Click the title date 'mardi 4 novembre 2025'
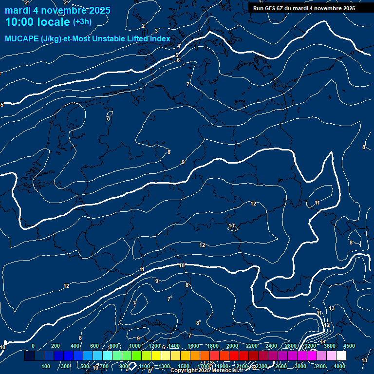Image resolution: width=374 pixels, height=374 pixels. pyautogui.click(x=57, y=10)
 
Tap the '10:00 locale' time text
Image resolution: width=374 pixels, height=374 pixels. pyautogui.click(x=37, y=22)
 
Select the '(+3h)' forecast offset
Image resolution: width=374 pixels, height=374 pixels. pyautogui.click(x=82, y=22)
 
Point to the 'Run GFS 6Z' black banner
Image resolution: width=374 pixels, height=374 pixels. pyautogui.click(x=304, y=8)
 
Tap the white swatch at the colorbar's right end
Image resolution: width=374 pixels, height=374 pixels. pyautogui.click(x=341, y=356)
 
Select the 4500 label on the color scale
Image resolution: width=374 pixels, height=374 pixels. pyautogui.click(x=349, y=346)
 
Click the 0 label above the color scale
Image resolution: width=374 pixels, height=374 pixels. pyautogui.click(x=33, y=346)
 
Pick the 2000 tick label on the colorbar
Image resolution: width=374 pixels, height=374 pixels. pyautogui.click(x=232, y=346)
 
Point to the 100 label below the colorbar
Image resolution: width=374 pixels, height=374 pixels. pyautogui.click(x=46, y=366)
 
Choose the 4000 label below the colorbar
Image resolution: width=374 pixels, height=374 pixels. pyautogui.click(x=339, y=366)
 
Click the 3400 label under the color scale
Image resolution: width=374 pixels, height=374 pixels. pyautogui.click(x=320, y=366)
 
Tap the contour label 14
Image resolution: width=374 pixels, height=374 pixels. pyautogui.click(x=322, y=342)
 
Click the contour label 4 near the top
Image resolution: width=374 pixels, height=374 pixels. pyautogui.click(x=179, y=46)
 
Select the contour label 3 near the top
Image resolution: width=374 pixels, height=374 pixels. pyautogui.click(x=156, y=31)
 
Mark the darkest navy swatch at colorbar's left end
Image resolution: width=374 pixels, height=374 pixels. pyautogui.click(x=29, y=356)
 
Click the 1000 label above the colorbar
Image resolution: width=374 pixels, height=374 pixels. pyautogui.click(x=134, y=346)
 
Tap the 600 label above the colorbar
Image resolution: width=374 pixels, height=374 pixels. pyautogui.click(x=94, y=346)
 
